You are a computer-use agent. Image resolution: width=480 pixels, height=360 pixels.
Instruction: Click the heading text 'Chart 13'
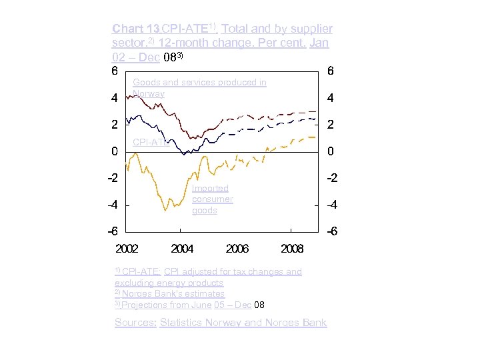click(136, 29)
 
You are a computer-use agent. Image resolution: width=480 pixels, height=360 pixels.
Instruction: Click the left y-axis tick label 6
click(115, 71)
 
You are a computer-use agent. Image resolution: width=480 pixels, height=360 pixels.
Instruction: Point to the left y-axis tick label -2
click(113, 178)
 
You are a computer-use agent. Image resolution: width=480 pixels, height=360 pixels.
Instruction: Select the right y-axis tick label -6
click(330, 232)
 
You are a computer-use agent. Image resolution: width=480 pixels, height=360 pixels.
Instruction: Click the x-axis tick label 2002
click(127, 249)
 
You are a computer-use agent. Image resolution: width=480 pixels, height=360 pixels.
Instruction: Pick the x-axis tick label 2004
click(182, 249)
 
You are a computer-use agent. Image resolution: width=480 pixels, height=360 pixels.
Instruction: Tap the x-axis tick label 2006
click(237, 249)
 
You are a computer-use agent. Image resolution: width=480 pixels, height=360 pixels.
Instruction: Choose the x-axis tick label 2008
click(292, 249)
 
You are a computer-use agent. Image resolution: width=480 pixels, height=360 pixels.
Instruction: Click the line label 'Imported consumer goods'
click(212, 199)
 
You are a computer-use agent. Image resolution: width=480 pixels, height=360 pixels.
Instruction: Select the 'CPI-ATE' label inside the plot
click(149, 142)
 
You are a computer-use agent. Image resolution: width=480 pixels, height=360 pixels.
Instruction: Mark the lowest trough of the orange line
click(165, 211)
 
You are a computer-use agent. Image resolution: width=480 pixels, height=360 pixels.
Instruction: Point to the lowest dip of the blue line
click(185, 154)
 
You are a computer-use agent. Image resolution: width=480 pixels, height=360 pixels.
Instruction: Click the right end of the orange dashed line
click(314, 137)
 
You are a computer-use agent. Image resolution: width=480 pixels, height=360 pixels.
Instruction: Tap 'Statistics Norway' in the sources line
click(199, 323)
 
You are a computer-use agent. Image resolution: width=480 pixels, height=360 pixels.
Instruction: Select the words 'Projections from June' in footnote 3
click(166, 305)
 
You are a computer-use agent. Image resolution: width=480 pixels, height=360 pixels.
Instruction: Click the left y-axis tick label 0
click(115, 151)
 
